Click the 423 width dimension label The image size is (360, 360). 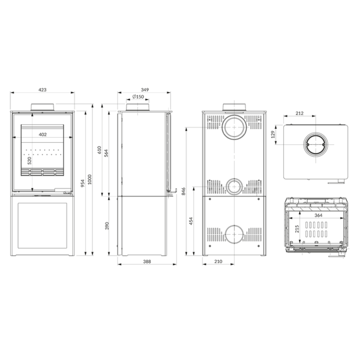pos(42,90)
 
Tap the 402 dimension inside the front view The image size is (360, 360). pos(43,135)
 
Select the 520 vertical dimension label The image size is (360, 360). pos(30,161)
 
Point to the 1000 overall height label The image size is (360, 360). pos(90,179)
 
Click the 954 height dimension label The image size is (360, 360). pos(83,183)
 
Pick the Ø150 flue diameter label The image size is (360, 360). pos(138,96)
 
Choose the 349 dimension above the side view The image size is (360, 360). pos(145,90)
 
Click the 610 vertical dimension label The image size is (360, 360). pos(99,150)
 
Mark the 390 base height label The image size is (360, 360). pos(107,226)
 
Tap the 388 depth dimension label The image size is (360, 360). pos(147,261)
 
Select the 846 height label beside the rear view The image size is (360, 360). pos(184,191)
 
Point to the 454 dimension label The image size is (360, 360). pos(191,221)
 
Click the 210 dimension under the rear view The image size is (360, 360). pos(219,261)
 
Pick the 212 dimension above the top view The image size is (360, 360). pos(300,113)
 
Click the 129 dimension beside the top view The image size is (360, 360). pos(273,134)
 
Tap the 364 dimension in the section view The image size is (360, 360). pos(319,215)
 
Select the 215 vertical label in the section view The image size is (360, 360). pos(297,229)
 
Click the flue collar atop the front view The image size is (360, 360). pos(42,107)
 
